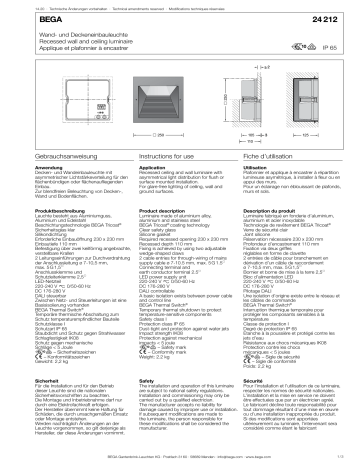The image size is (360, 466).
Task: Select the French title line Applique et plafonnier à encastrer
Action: (x=69, y=55)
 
